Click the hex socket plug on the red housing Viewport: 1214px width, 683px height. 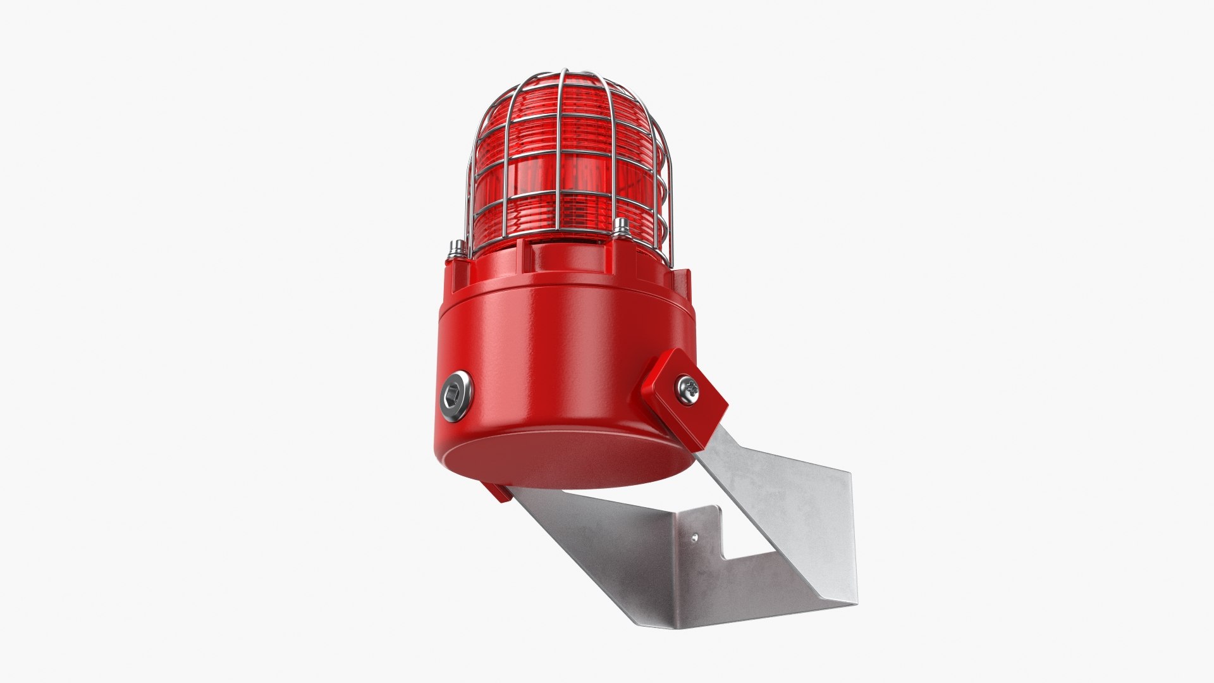pos(456,397)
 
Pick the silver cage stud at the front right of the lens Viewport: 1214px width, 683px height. pos(620,228)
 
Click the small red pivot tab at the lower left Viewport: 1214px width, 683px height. pos(495,491)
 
